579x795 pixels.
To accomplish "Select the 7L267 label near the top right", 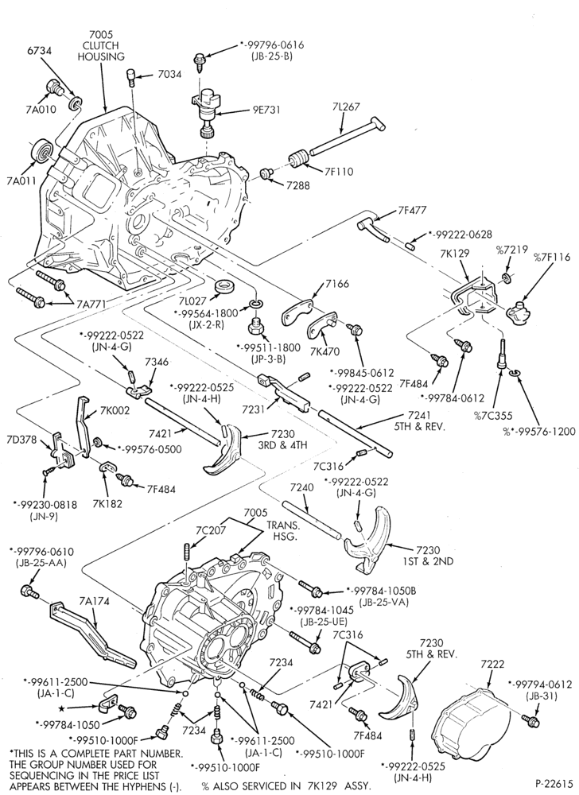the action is pos(347,107).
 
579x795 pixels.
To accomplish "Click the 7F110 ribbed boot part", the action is pos(300,157).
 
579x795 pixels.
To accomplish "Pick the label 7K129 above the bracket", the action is pos(455,253).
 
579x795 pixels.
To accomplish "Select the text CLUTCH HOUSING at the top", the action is pos(101,51).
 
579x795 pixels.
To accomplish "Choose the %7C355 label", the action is pos(492,416).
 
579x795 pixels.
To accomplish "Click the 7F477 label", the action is pos(412,209).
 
